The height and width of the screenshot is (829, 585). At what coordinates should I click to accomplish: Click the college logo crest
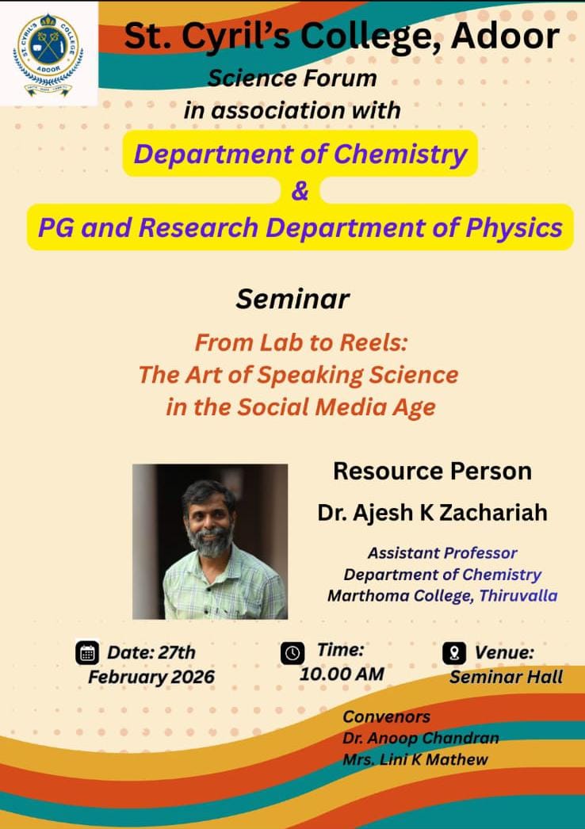tap(48, 55)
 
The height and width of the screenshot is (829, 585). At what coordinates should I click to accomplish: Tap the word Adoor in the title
tap(505, 36)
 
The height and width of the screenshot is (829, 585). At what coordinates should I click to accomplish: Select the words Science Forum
tap(292, 78)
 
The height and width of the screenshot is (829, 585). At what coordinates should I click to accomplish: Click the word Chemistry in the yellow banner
tap(400, 155)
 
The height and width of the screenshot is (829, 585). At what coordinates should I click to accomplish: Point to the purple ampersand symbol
tap(300, 191)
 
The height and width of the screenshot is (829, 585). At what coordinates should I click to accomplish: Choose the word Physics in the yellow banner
tap(514, 228)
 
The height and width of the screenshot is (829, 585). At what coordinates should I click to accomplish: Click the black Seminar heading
tap(292, 299)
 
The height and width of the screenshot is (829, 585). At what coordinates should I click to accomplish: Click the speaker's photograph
tap(210, 541)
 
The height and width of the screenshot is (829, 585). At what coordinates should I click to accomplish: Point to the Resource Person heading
tap(432, 471)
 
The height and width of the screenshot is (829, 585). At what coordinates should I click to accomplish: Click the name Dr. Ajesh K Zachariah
tap(432, 513)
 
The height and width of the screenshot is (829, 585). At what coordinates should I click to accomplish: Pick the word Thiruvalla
tap(518, 595)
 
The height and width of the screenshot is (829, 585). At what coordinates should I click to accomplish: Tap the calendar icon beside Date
tap(87, 653)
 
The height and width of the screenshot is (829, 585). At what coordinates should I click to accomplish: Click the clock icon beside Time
tap(292, 653)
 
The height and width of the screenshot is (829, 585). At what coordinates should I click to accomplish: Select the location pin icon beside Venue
tap(454, 653)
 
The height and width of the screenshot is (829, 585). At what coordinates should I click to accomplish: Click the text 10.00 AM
tap(342, 674)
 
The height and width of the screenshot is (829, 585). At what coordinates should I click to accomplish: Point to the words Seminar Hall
tap(507, 677)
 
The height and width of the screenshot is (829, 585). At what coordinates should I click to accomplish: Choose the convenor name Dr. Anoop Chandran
tap(420, 738)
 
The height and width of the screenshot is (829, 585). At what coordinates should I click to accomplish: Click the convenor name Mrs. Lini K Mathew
tap(415, 760)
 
